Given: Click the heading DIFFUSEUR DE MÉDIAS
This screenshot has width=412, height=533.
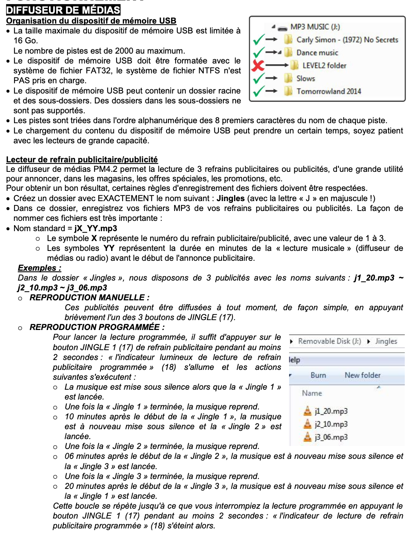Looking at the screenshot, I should coord(63,10).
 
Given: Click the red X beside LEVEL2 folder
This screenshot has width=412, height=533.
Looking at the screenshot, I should coord(258,65).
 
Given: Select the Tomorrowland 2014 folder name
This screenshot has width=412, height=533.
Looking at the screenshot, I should coord(329,91).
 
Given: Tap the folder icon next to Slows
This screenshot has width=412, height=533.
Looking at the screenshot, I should coord(289,78).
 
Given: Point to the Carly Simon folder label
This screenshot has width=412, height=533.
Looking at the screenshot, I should coord(347,40).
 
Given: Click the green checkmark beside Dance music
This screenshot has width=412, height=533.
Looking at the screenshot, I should coord(258,52).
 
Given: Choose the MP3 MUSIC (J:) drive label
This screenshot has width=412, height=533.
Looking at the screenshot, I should coord(315,27).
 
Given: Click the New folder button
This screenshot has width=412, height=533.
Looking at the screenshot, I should coord(362,375).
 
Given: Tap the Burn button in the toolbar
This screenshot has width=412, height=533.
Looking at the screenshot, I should coord(318,375).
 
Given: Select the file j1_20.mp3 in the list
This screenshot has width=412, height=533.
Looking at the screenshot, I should coord(331,411).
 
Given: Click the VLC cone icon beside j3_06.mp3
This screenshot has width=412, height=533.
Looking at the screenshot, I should coord(307,437).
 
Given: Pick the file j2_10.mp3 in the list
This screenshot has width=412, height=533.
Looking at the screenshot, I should coord(331,424).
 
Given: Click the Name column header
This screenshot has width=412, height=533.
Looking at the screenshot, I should coord(312,393).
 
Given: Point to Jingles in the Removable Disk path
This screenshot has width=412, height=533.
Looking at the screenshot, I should coord(386,341).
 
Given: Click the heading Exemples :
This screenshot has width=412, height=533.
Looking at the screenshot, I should coord(39,268).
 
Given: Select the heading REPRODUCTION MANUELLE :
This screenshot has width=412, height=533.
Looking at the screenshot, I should coord(90,298).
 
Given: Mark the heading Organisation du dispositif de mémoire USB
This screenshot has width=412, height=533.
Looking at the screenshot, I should coord(91,21).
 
